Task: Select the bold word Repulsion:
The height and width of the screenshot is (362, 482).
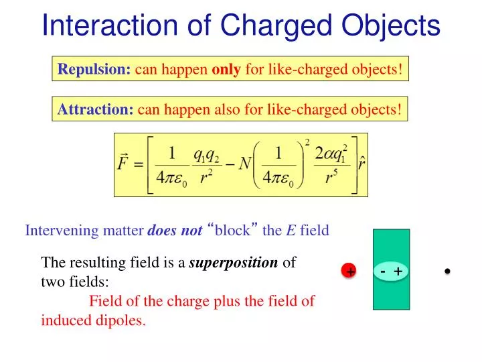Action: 94,69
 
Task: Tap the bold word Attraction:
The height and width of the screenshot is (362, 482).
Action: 96,109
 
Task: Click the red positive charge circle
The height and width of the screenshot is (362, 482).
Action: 349,271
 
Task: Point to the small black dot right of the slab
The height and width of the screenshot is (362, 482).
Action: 447,271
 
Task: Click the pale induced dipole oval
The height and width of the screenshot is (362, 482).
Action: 390,271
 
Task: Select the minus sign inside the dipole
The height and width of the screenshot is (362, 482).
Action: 382,271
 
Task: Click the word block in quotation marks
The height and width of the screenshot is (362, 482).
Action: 236,231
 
